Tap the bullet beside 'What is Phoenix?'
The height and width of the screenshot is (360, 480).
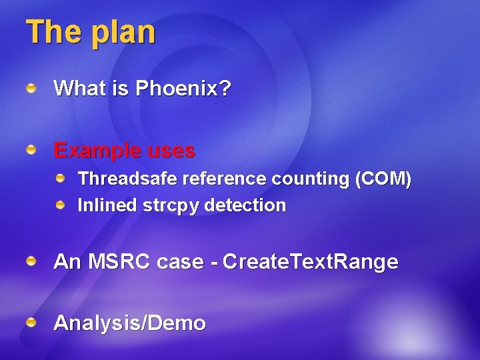tap(31, 87)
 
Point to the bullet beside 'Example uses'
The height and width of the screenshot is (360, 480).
tap(31, 151)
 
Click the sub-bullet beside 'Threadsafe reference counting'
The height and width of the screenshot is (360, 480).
tap(61, 179)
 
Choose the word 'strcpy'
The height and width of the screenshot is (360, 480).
tap(171, 206)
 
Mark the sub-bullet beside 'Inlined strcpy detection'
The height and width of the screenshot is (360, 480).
tap(61, 205)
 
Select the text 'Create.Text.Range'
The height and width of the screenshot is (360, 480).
tap(311, 262)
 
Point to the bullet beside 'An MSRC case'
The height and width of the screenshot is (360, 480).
tap(31, 261)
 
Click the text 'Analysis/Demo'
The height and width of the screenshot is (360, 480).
tap(129, 324)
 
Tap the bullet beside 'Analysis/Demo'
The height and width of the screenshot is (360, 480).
tap(31, 323)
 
